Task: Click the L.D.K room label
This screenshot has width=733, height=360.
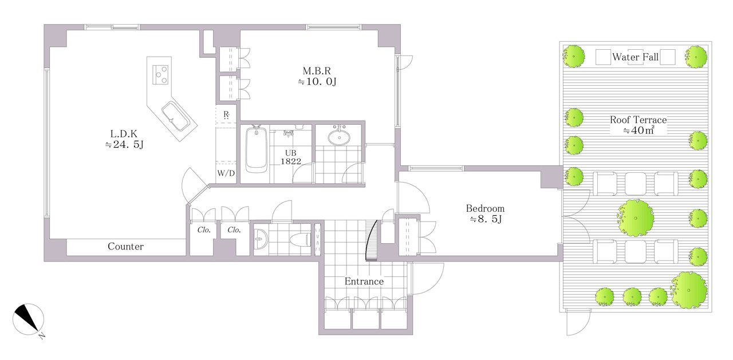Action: point(124,134)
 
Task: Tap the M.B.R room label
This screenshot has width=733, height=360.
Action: point(317,71)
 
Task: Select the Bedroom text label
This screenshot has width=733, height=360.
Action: point(485,208)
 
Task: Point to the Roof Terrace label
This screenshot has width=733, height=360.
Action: point(638,120)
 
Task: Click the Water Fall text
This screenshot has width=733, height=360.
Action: point(635,57)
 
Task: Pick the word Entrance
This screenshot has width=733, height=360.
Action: point(364,282)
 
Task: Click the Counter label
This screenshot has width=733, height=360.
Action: point(125,247)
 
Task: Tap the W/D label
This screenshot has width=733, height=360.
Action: point(226,173)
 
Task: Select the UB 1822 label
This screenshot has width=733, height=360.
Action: point(290,157)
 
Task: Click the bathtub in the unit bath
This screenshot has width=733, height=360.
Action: point(256,149)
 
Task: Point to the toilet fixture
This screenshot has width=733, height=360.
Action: point(301,239)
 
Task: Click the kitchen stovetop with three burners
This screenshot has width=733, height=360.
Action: point(160,75)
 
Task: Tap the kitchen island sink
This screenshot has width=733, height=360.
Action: point(175,117)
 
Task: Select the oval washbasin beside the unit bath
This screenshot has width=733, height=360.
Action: point(339,137)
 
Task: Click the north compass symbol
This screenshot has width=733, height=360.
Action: point(28,319)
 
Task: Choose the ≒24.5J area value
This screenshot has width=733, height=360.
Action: point(124,145)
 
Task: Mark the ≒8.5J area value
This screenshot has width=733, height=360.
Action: point(486,219)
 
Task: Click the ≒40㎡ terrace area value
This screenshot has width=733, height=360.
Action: point(639,130)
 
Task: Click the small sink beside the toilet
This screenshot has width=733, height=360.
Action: point(261,239)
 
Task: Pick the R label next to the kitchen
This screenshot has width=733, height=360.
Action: point(226,114)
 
